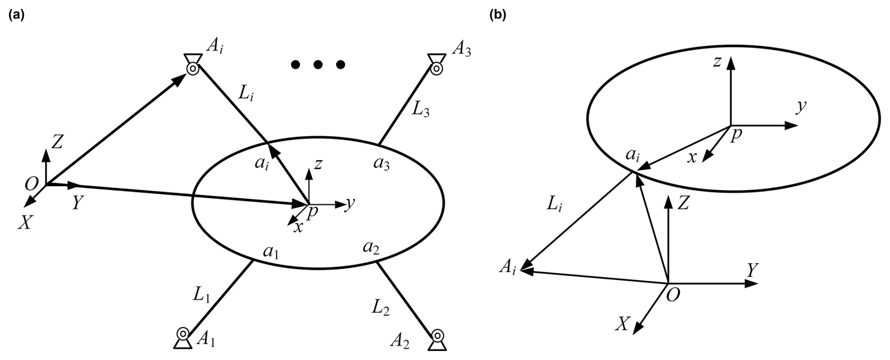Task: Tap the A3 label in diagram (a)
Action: [x=461, y=49]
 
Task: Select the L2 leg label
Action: [x=381, y=308]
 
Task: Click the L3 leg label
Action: [x=421, y=111]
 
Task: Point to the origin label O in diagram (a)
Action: [x=32, y=184]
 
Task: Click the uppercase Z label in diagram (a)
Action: [x=57, y=142]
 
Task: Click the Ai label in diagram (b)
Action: [x=508, y=269]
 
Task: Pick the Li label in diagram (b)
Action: [x=554, y=203]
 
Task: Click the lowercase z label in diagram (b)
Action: [x=717, y=62]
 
